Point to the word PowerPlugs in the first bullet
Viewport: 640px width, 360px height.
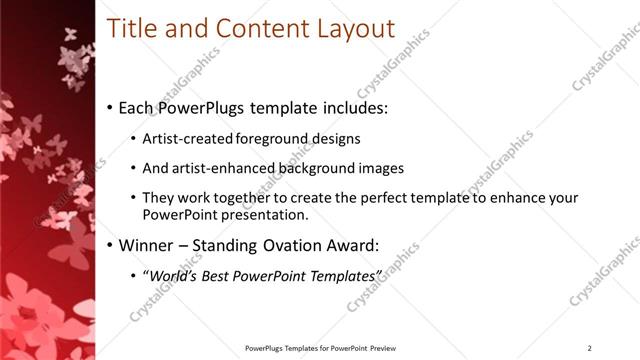click(x=202, y=107)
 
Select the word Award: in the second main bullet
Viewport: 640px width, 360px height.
click(x=378, y=244)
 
